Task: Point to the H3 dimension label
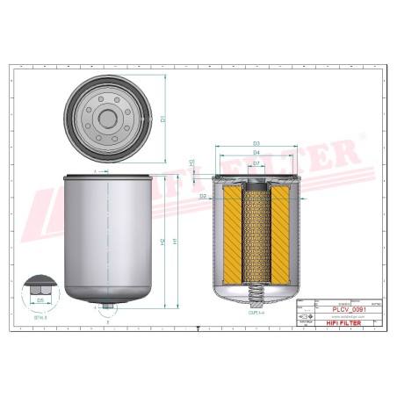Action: pos(192,163)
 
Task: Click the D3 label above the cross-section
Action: pos(256,143)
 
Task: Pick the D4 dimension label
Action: pos(256,153)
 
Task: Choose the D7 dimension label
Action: pos(256,162)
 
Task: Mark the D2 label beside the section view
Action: pos(203,195)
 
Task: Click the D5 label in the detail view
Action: pos(40,300)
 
